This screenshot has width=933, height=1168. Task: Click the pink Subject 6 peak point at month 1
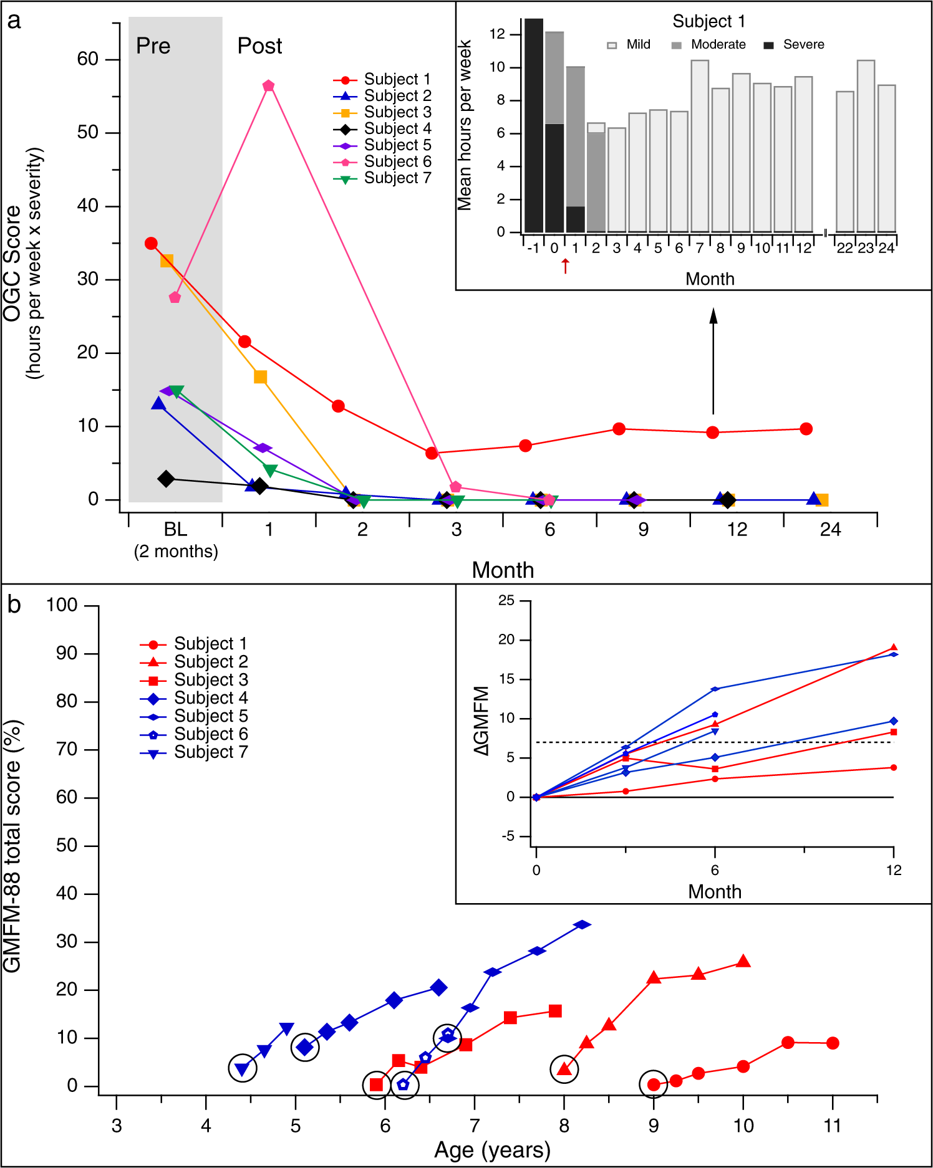tap(269, 86)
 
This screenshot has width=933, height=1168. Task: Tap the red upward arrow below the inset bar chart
tap(565, 266)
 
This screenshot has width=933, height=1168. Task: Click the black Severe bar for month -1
tap(533, 125)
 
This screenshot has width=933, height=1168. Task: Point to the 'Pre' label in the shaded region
tap(153, 46)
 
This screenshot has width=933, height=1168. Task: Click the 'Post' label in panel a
tap(259, 46)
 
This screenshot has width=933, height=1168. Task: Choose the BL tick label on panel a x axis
tap(175, 530)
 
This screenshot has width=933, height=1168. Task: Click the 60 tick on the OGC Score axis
tap(88, 59)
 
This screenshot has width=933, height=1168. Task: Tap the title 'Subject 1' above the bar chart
tap(708, 22)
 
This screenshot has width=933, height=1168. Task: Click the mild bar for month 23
tap(866, 146)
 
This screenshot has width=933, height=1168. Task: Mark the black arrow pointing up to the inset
tap(713, 361)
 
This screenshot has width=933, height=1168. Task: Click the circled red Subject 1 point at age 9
tap(654, 1084)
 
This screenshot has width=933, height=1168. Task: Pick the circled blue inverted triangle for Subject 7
tap(243, 1068)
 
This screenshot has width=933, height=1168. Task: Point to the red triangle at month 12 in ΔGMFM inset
tap(894, 648)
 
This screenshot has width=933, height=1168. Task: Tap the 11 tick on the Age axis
tap(832, 1126)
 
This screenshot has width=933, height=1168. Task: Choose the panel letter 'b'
tap(14, 605)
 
